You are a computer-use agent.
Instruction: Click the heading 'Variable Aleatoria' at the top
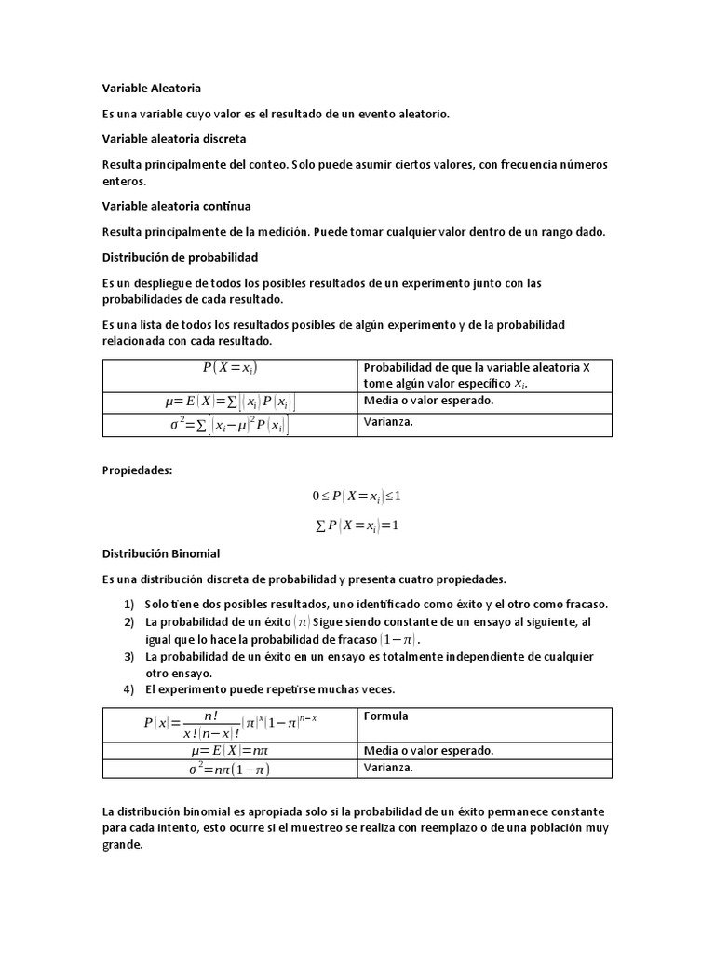coord(151,89)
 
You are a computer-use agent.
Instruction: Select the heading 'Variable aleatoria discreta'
coord(174,138)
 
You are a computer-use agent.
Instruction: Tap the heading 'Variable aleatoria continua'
coord(176,205)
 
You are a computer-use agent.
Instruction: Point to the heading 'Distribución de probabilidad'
coord(180,256)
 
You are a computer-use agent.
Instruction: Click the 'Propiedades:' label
coord(137,470)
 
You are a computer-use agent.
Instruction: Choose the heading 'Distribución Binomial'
coord(160,553)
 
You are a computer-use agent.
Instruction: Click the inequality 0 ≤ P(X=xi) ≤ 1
coord(357,496)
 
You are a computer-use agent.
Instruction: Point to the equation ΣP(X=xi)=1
coord(357,525)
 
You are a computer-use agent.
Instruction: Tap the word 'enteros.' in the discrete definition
coord(126,182)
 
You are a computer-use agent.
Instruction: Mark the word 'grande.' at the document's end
coord(123,845)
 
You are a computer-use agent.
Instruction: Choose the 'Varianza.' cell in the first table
coord(388,421)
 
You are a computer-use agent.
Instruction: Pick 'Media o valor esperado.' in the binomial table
coord(428,750)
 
